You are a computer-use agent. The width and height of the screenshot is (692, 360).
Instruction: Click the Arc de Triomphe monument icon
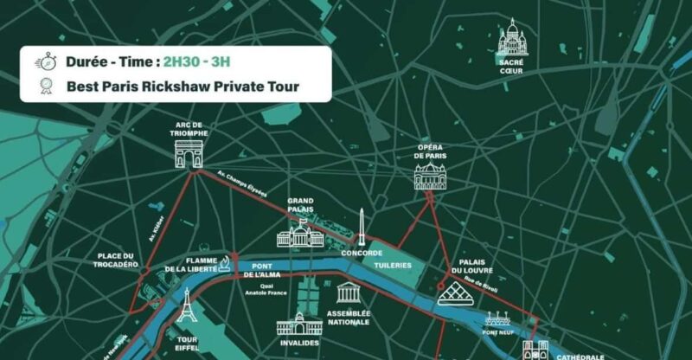pyautogui.click(x=189, y=153)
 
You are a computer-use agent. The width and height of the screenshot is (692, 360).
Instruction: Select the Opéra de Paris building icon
pyautogui.click(x=430, y=177)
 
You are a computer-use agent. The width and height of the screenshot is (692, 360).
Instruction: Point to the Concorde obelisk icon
pyautogui.click(x=362, y=228)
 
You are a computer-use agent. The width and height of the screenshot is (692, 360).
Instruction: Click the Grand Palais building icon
pyautogui.click(x=299, y=233)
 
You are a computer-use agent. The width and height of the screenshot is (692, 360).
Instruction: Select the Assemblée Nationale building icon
pyautogui.click(x=349, y=292)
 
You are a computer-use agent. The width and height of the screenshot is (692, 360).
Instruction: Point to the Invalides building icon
pyautogui.click(x=299, y=324)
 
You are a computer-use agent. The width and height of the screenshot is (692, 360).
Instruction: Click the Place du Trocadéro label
pyautogui.click(x=118, y=260)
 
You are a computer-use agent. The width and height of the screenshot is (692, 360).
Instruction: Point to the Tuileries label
pyautogui.click(x=393, y=265)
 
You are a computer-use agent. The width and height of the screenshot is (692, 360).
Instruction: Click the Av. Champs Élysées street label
pyautogui.click(x=241, y=185)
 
